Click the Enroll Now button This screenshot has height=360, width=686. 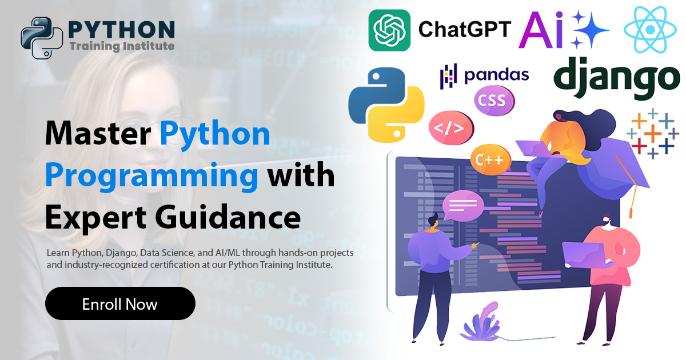tap(120, 303)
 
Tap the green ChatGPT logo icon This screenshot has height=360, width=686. tap(389, 30)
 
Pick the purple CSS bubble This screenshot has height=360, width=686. tap(492, 101)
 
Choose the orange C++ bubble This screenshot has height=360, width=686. tap(489, 159)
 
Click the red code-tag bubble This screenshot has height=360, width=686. tap(450, 127)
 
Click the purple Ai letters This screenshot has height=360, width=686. tap(541, 30)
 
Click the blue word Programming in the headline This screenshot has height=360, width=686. tap(152, 175)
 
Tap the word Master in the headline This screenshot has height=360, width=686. tap(98, 134)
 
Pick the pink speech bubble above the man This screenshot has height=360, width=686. tap(463, 204)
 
